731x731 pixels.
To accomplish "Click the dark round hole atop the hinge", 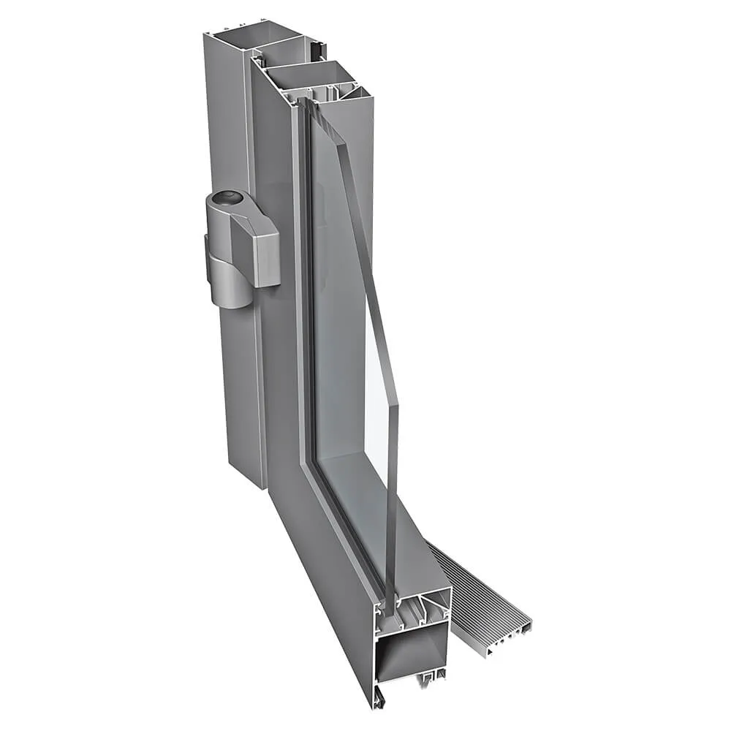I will click(231, 197).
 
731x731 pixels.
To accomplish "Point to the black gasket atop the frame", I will click(317, 50).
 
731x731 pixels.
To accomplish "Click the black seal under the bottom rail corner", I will click(377, 699).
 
